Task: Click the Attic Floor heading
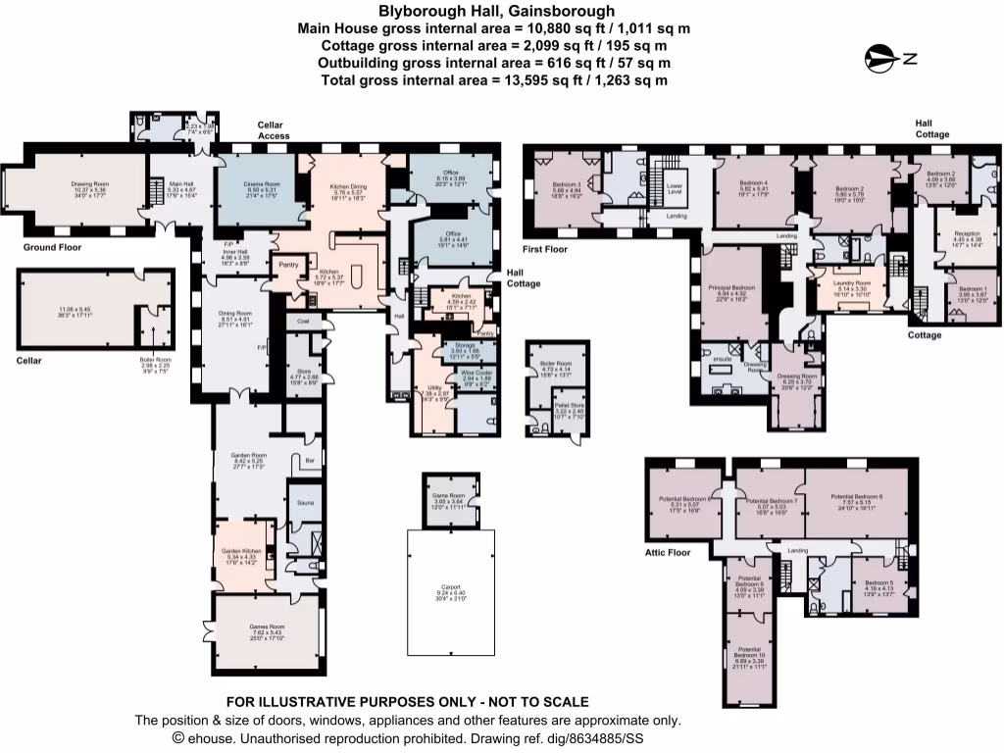(x=667, y=552)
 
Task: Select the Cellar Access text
(x=275, y=130)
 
